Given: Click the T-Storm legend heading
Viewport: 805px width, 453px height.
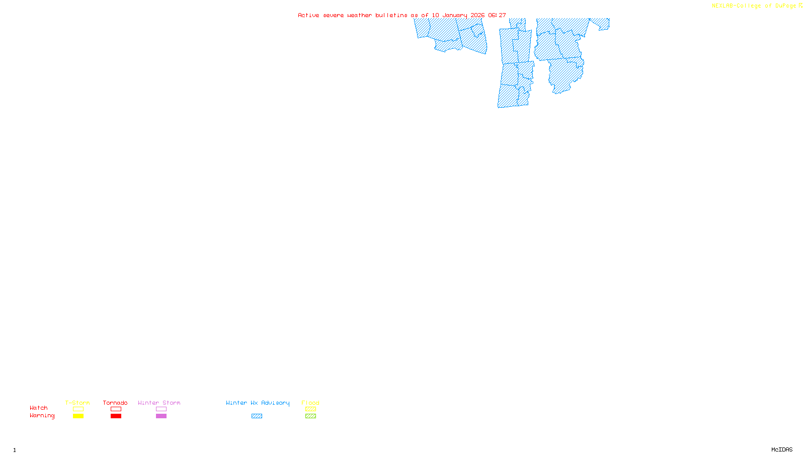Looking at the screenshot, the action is click(x=77, y=403).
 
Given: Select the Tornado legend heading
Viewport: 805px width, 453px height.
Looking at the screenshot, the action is click(x=115, y=403).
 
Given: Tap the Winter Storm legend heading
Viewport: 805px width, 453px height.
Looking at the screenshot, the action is click(x=159, y=403).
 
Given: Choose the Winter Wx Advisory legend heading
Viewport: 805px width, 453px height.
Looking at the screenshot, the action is click(x=258, y=403).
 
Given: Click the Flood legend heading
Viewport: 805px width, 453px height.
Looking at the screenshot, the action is click(x=310, y=403).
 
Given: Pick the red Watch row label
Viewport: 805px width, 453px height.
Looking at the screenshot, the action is click(x=39, y=408).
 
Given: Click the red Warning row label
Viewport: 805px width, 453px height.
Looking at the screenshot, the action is click(x=42, y=416).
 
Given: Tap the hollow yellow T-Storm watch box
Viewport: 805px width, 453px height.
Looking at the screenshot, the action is click(x=78, y=409).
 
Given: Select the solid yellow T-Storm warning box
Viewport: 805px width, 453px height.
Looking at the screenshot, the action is click(x=78, y=416).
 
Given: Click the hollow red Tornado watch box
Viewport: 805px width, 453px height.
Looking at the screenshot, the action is click(x=116, y=409).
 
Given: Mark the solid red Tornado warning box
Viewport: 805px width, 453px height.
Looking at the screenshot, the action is click(x=116, y=416).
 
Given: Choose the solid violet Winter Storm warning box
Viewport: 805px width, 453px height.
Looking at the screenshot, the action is click(x=161, y=416).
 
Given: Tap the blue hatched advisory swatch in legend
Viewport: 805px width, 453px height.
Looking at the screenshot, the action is click(x=257, y=416).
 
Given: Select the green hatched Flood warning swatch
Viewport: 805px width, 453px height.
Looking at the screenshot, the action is click(x=310, y=416).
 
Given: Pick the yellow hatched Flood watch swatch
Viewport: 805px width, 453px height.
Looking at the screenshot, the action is click(x=310, y=409).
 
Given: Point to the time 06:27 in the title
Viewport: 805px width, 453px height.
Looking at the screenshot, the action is click(x=497, y=16).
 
